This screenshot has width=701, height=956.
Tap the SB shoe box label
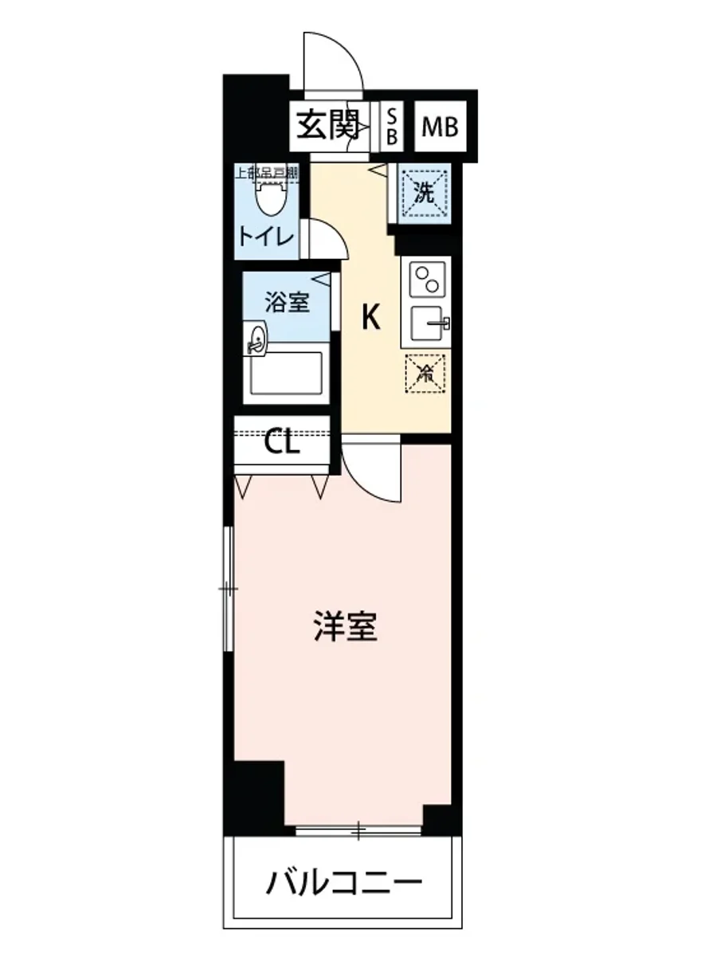[392, 126]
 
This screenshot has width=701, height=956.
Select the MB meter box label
[440, 127]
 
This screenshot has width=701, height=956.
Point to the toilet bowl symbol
[270, 196]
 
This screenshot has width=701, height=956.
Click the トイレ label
[265, 236]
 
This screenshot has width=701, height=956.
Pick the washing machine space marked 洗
[425, 194]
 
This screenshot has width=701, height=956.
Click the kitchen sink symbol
[429, 323]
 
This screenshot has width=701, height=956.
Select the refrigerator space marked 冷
[425, 372]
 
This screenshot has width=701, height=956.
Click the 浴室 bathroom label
[287, 302]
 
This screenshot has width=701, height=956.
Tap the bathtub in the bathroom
[286, 373]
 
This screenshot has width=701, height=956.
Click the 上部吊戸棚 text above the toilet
[265, 171]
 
